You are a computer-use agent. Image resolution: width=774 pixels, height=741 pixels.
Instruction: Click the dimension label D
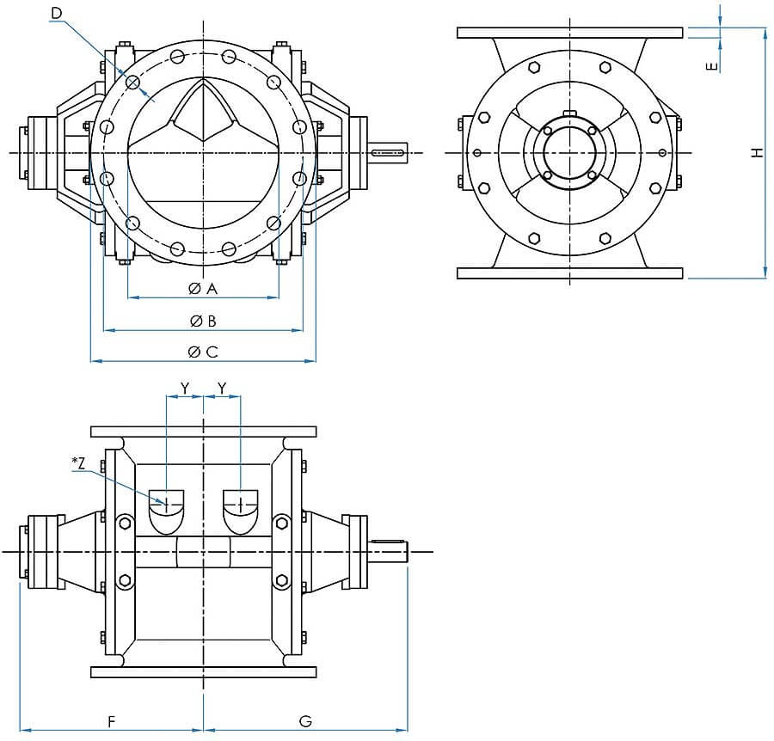click(57, 13)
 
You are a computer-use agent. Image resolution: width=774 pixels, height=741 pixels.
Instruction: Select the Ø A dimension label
click(203, 289)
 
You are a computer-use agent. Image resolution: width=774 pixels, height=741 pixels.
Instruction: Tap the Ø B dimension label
click(203, 322)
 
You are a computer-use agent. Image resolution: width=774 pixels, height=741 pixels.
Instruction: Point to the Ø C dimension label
click(203, 352)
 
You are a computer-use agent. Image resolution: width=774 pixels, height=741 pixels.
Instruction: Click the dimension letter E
click(712, 66)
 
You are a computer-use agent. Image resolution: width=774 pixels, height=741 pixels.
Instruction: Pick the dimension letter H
click(757, 153)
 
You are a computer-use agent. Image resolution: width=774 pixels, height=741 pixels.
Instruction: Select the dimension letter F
click(112, 722)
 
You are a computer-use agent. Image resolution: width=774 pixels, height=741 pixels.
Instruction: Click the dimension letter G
click(305, 722)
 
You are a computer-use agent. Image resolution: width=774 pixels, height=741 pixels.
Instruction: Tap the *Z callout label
click(78, 462)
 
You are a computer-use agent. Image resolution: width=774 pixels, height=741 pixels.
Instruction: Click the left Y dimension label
click(185, 389)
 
